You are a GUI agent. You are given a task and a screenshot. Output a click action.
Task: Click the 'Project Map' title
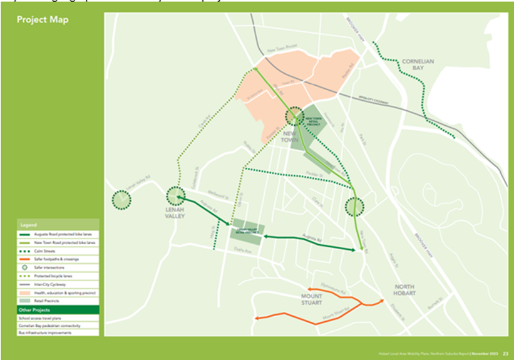(43, 19)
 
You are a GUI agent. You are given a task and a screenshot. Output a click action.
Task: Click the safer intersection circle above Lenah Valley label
(175, 196)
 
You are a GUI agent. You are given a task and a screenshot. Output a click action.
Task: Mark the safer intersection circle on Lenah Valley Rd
(121, 200)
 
